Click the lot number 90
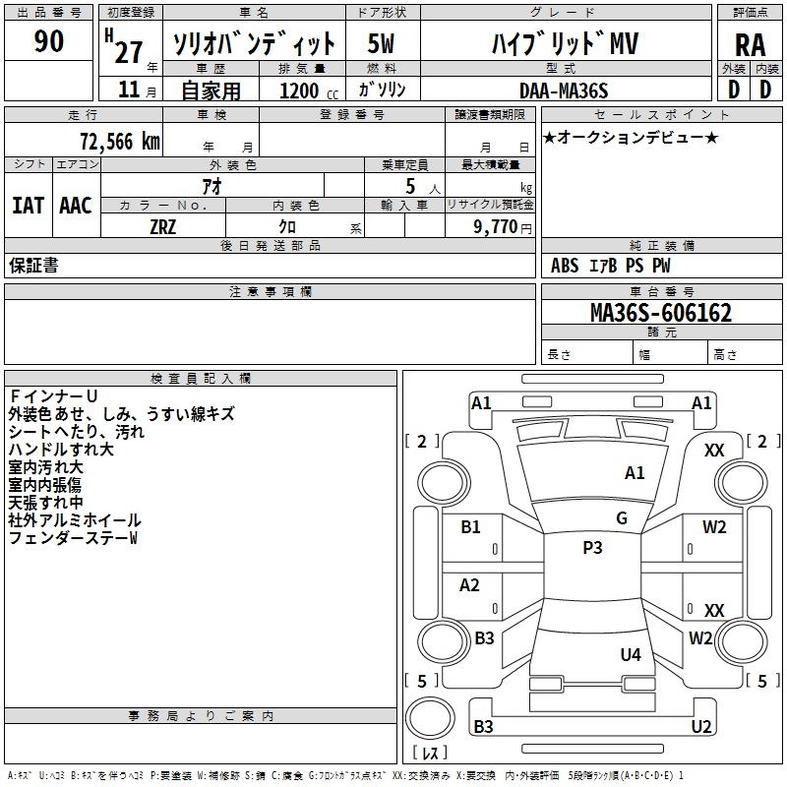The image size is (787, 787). click(48, 40)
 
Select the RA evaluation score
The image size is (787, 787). click(750, 45)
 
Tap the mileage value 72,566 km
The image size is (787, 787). click(120, 142)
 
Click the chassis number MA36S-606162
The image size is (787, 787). click(661, 313)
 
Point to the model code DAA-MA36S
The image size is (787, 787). click(564, 91)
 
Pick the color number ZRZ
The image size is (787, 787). click(162, 227)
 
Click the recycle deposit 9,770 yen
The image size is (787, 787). click(503, 227)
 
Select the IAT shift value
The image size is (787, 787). click(29, 206)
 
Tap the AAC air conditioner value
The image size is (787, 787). click(76, 206)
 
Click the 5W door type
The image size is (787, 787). click(381, 43)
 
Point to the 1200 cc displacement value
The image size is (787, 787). click(309, 91)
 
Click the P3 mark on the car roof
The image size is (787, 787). click(592, 547)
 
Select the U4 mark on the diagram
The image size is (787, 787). click(631, 654)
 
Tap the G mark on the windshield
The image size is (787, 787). click(622, 518)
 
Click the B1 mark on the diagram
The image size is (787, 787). click(470, 526)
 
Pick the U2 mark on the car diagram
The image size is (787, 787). click(701, 726)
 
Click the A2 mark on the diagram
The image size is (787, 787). click(469, 584)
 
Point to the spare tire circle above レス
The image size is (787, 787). click(430, 718)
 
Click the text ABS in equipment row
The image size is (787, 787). click(565, 266)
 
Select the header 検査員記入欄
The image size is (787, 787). click(201, 379)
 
